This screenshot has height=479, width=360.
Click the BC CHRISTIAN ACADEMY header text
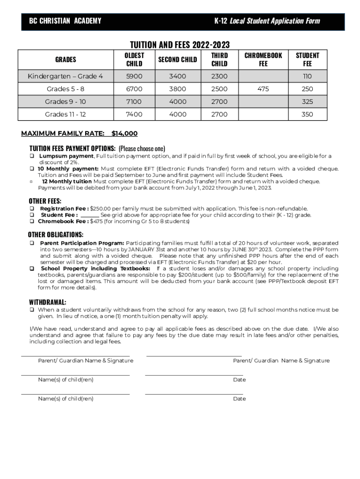[65, 21]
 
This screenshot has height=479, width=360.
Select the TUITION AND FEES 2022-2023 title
[180, 44]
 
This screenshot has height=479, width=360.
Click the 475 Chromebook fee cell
[263, 89]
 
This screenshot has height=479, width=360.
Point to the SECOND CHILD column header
[177, 59]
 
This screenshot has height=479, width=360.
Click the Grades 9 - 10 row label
[65, 102]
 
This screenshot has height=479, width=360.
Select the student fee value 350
[307, 114]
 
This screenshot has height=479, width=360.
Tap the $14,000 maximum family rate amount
[124, 133]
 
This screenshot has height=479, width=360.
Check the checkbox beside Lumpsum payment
[32, 156]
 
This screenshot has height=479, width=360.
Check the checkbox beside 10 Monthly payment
[32, 169]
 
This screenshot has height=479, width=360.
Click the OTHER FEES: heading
[45, 201]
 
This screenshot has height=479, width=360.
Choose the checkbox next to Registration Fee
[32, 209]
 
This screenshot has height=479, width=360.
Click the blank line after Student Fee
[90, 215]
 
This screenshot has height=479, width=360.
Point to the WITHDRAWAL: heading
[48, 302]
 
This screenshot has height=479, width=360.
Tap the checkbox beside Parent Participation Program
[32, 243]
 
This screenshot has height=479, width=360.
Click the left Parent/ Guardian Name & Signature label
[86, 361]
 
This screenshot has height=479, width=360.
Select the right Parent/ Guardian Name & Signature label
[281, 361]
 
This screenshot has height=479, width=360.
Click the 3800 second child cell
[177, 89]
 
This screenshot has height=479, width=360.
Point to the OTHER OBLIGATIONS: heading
[56, 234]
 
